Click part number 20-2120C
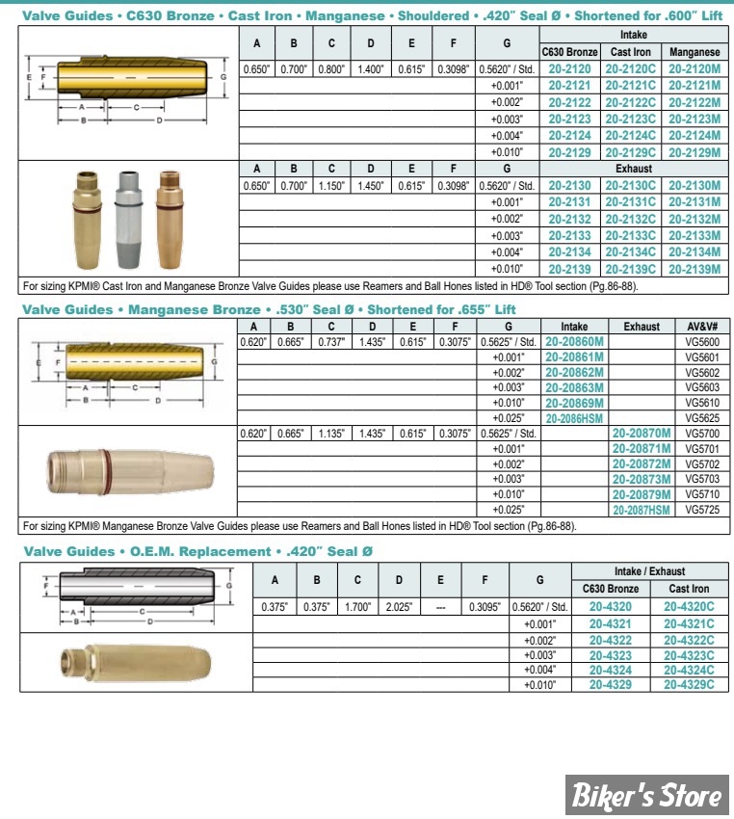click(x=631, y=69)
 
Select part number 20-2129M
click(x=694, y=152)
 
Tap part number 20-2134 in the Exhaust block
click(x=569, y=252)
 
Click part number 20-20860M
click(x=574, y=342)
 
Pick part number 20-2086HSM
click(x=574, y=419)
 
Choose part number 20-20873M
click(x=642, y=479)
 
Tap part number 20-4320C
click(x=689, y=607)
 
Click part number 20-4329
click(x=610, y=684)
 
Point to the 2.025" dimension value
click(x=399, y=607)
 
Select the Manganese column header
click(x=694, y=52)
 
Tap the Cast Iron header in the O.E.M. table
click(x=689, y=588)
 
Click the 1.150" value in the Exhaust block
click(x=331, y=186)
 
